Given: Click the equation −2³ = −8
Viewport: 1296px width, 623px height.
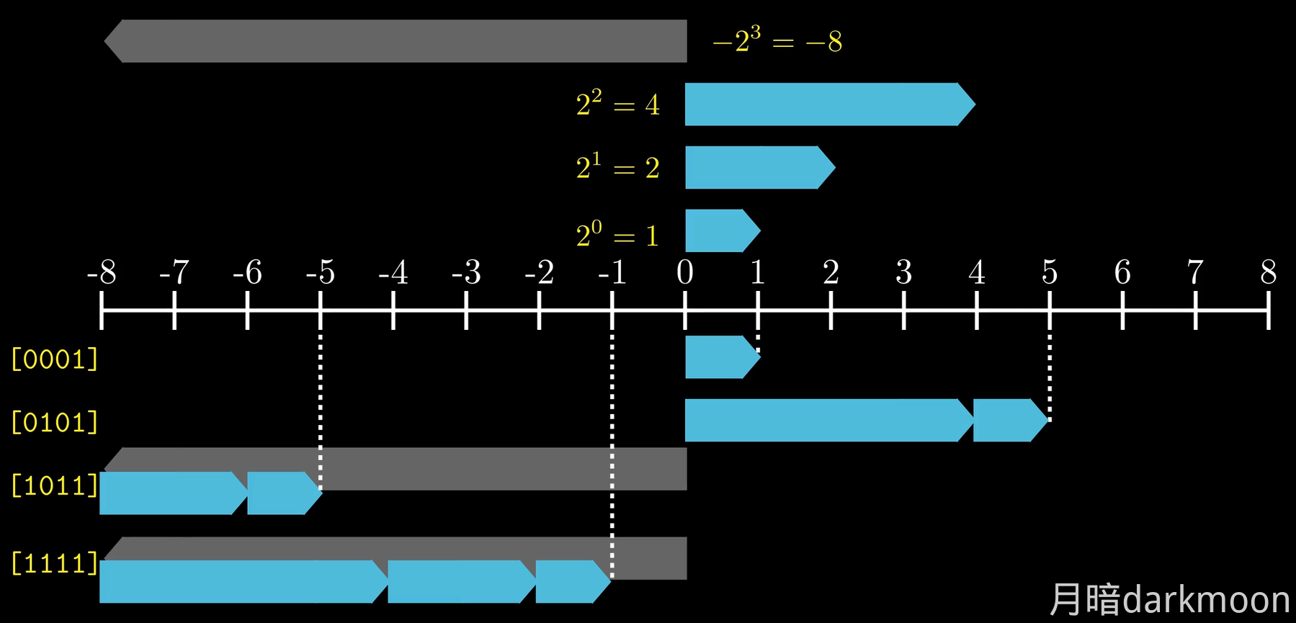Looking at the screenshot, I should [777, 41].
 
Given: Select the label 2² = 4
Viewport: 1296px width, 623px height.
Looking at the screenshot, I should [617, 104].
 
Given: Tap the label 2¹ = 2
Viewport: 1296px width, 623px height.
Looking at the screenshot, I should [617, 168].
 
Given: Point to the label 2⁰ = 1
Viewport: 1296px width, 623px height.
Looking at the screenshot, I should [617, 235].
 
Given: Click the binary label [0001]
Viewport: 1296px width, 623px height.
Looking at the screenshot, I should [55, 359].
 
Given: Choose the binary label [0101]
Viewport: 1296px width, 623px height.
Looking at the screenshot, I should [55, 422].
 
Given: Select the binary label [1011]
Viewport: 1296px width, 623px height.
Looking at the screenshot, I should [55, 485].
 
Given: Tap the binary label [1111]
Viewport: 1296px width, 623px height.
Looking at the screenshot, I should [55, 563].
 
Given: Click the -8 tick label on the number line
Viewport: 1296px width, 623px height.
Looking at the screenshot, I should [101, 273].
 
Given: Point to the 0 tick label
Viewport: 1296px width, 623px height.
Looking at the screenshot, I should [684, 273].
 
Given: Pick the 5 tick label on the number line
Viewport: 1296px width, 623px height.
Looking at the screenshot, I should [1050, 273].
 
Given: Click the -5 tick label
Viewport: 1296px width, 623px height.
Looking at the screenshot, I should [320, 273].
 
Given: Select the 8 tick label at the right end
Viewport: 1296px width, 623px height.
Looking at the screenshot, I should [1268, 273].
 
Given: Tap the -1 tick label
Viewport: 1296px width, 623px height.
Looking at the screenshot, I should [612, 273].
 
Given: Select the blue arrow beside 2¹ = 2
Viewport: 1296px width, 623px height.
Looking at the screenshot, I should [756, 167].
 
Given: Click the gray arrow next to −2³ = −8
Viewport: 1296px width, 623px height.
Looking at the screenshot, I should [396, 41].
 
